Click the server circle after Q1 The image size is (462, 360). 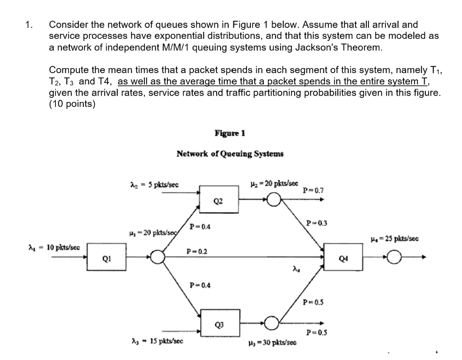tap(157, 258)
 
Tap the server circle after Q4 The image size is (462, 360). tap(395, 258)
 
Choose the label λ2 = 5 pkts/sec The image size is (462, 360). tap(153, 185)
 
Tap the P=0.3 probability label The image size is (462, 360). tap(314, 223)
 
